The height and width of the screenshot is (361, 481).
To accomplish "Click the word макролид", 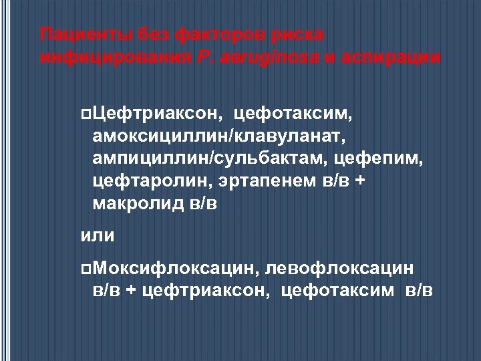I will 138,203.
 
